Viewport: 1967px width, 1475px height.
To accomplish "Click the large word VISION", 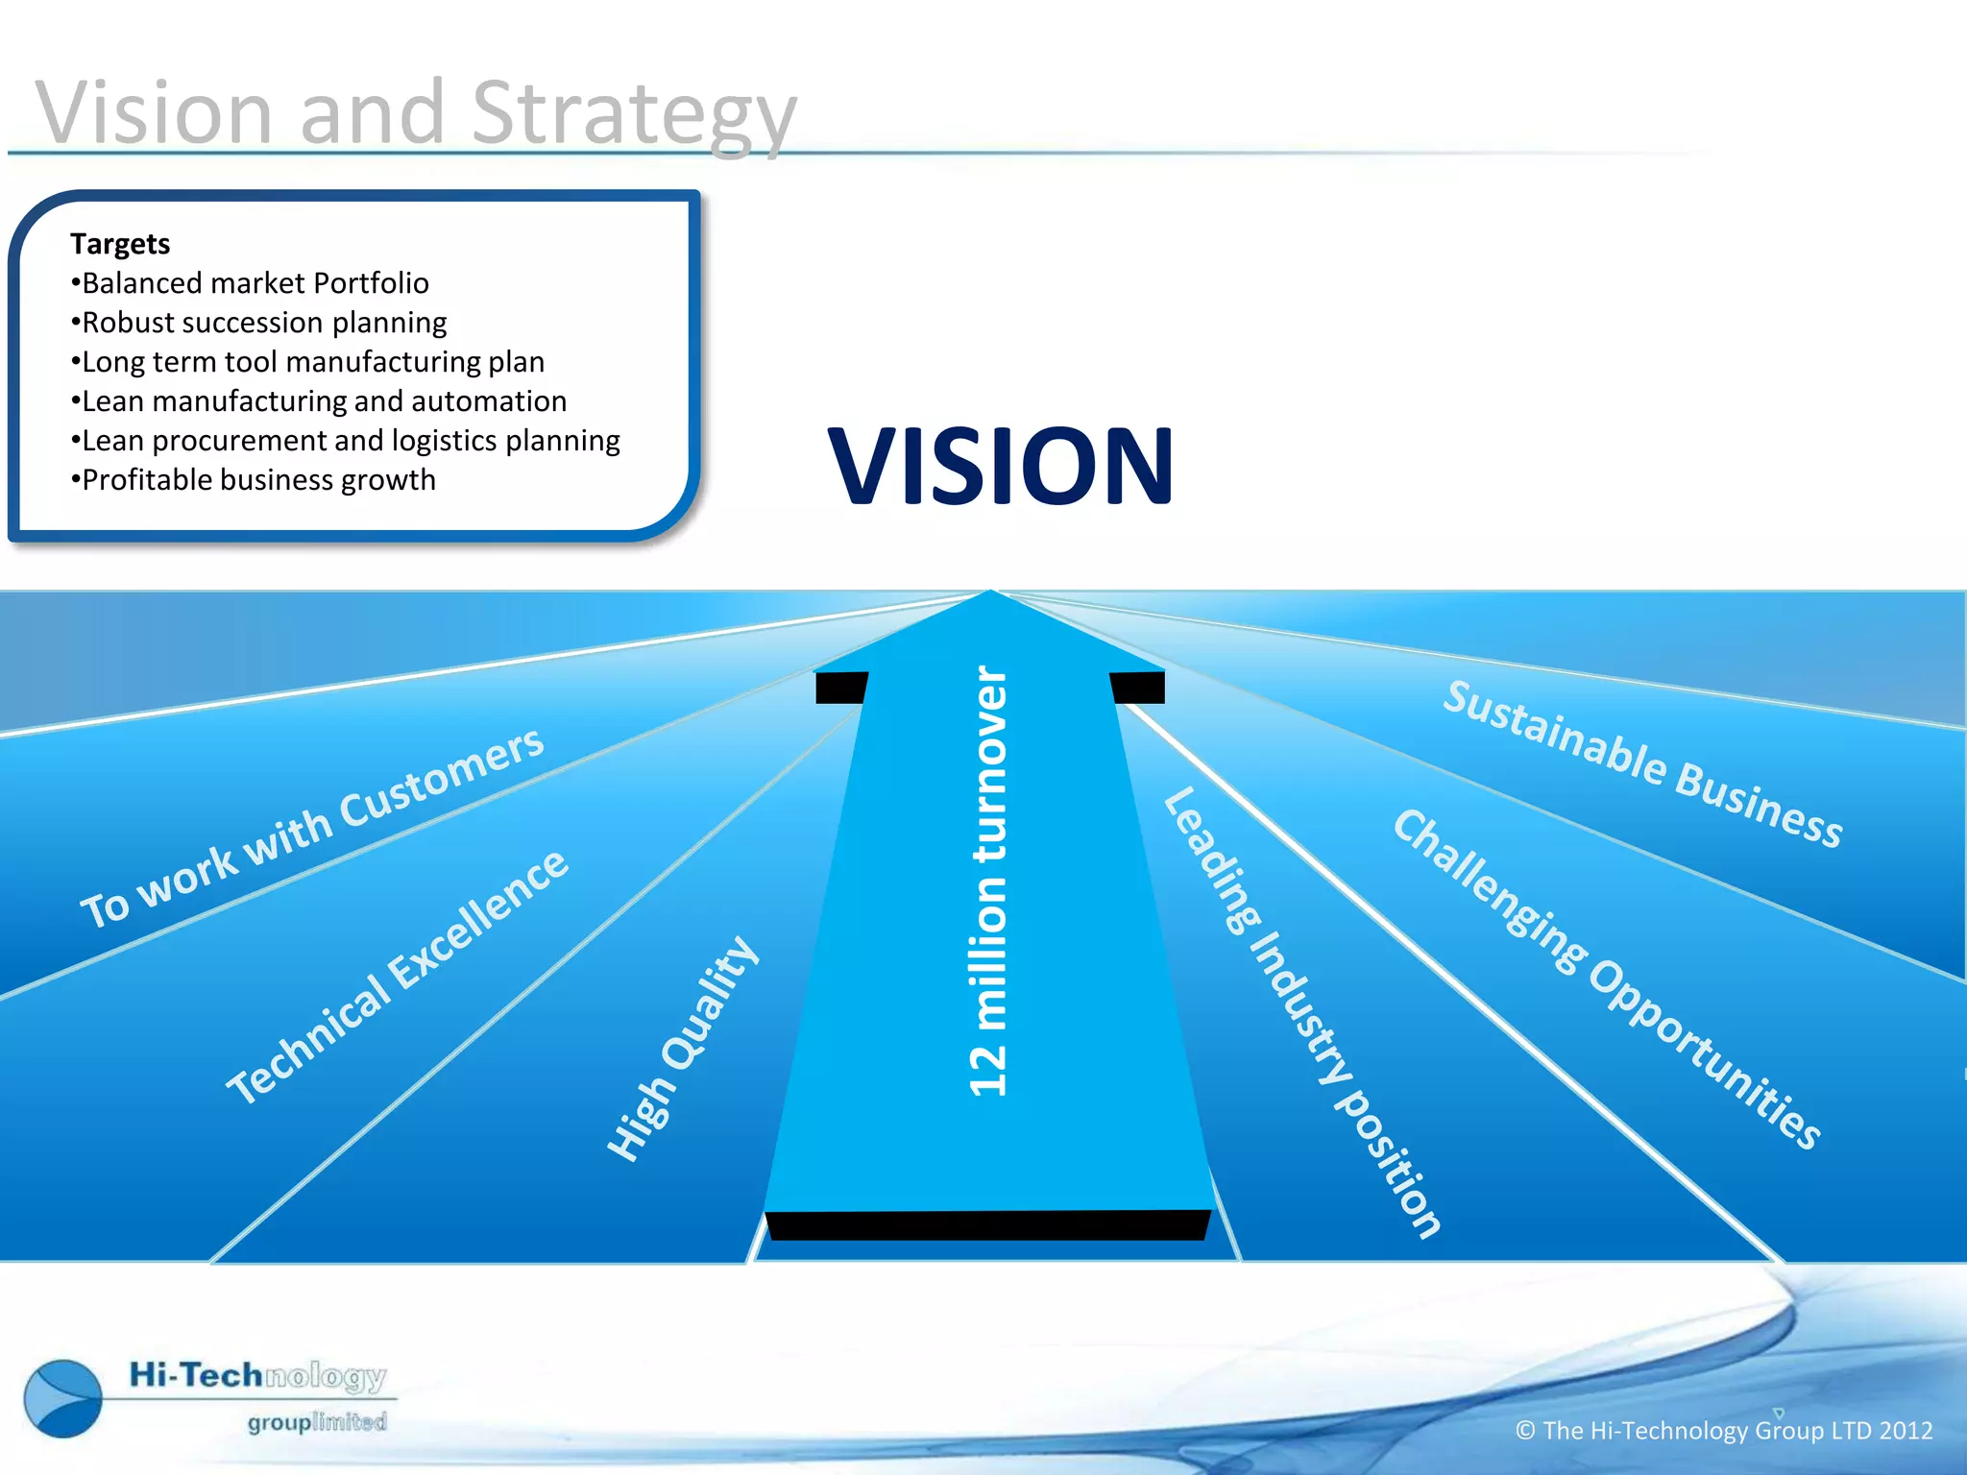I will click(1000, 467).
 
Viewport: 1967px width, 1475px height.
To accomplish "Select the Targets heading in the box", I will click(120, 244).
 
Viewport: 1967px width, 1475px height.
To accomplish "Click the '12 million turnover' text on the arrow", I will click(989, 881).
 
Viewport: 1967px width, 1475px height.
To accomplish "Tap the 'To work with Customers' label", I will click(312, 828).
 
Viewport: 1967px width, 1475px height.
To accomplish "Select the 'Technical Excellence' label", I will click(397, 978).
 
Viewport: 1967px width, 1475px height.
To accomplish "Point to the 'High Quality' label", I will click(683, 1049).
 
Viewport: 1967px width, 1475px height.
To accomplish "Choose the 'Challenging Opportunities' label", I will click(1606, 979).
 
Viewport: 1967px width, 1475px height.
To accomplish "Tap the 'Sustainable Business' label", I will click(1642, 763).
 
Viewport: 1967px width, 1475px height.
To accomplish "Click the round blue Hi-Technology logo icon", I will click(63, 1398).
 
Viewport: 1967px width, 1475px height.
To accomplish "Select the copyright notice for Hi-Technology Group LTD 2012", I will click(1723, 1431).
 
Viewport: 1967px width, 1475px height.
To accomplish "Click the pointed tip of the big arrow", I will click(991, 597).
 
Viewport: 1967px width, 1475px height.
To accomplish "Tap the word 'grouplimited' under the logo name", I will click(317, 1422).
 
